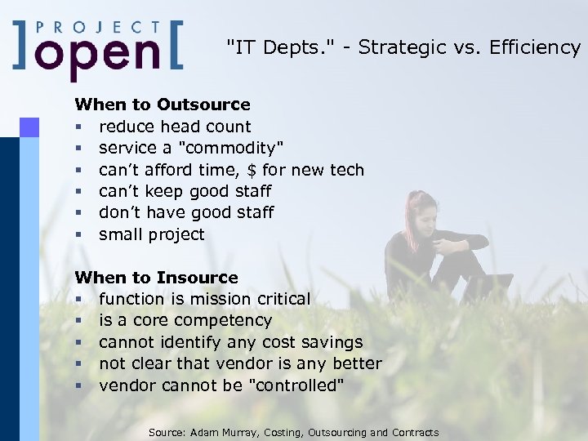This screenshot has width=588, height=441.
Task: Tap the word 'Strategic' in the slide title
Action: pyautogui.click(x=392, y=47)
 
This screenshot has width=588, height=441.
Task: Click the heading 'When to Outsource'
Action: pyautogui.click(x=163, y=105)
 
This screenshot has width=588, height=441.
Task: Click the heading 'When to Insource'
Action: pyautogui.click(x=156, y=278)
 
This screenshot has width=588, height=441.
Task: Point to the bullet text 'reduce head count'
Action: pyautogui.click(x=175, y=127)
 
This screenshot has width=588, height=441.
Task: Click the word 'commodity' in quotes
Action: pyautogui.click(x=233, y=148)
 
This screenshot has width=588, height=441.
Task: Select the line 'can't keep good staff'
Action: pyautogui.click(x=185, y=191)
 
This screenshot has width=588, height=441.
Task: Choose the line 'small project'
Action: pyautogui.click(x=152, y=234)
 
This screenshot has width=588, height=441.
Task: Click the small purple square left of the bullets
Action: pyautogui.click(x=29, y=127)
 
